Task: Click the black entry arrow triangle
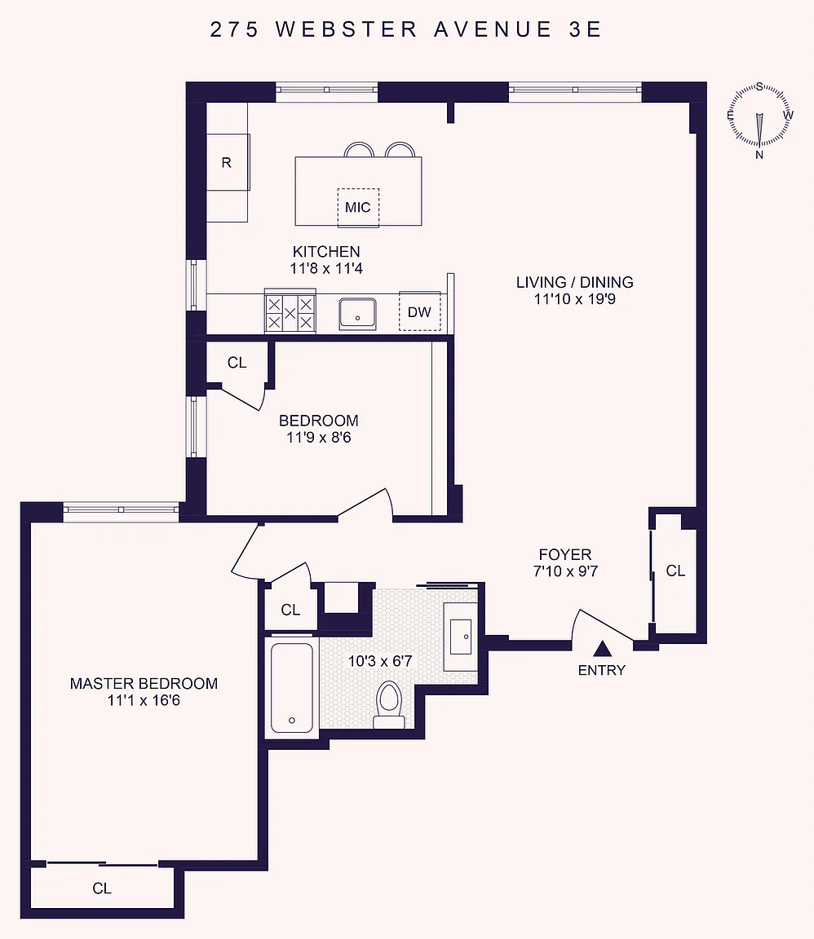coord(602,649)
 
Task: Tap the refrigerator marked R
coord(228,162)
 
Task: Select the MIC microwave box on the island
coord(358,207)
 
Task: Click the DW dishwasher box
coord(419,311)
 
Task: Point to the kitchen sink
coord(357,313)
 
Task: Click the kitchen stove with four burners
coord(290,311)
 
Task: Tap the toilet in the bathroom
coord(389,705)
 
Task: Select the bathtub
coord(292,687)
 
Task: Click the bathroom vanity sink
coord(460,637)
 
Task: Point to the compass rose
coord(759,117)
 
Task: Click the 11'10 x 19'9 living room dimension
coord(575,299)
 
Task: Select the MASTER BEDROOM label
coord(144,683)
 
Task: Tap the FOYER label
coord(565,554)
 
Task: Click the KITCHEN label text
coord(326,252)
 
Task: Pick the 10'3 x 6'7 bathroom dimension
coord(380,661)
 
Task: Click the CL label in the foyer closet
coord(675,571)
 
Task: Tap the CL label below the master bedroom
coord(102,888)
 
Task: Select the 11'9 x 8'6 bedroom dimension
coord(319,437)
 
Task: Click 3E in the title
coord(585,29)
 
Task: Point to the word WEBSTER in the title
coord(347,29)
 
